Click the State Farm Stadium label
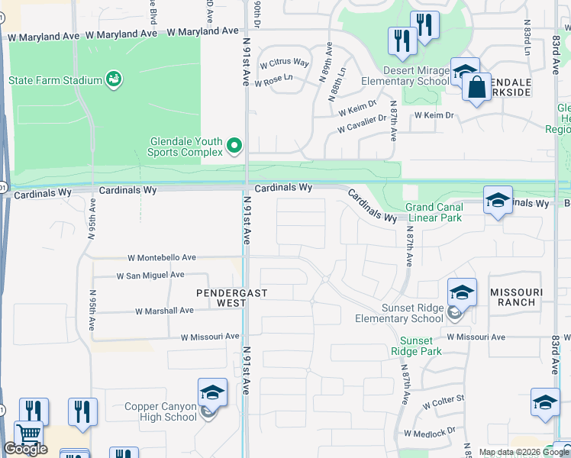coord(55,80)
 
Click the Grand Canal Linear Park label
coord(434,212)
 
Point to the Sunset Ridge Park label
coord(416,346)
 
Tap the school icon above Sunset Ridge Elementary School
coord(462,292)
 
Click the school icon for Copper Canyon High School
coord(212,392)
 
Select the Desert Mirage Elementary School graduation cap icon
coord(464,72)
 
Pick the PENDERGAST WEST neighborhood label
coord(221,298)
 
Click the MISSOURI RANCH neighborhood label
coord(516,298)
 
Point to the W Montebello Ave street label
coord(162,258)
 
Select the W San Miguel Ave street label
coord(150,275)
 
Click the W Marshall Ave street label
coord(164,311)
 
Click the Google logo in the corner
coord(25,449)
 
